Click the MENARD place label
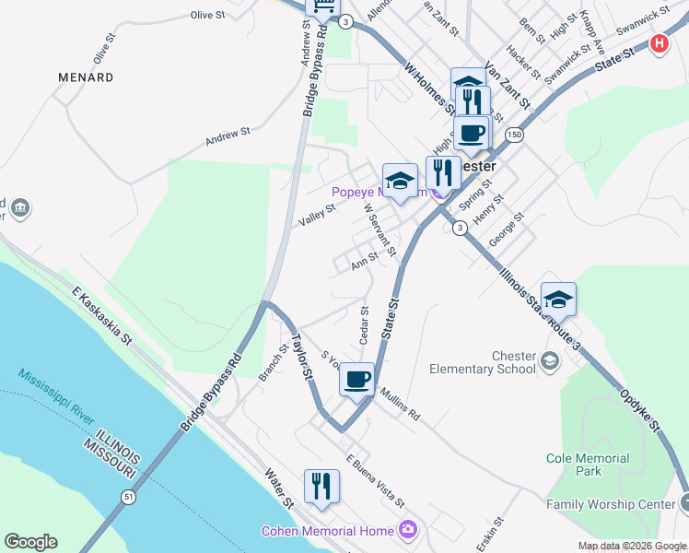point(86,77)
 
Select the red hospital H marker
point(660,43)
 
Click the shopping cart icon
point(323,8)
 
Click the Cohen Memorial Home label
point(328,530)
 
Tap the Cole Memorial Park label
point(588,465)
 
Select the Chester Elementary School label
point(483,362)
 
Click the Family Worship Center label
point(610,504)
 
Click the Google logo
point(30,542)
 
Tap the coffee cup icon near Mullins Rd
point(356,378)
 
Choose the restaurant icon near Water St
point(321,485)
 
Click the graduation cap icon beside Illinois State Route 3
point(557,299)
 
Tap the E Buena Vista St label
point(374,479)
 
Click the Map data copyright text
point(633,546)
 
